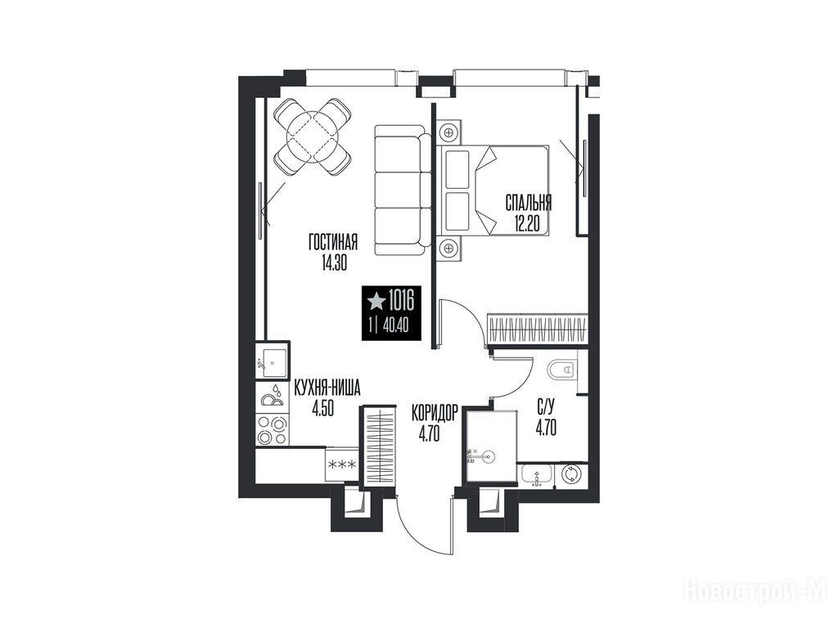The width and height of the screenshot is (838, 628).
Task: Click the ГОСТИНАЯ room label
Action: [x=332, y=244]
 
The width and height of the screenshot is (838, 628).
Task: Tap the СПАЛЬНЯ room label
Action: [x=528, y=203]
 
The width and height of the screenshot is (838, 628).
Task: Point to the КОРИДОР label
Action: [x=435, y=413]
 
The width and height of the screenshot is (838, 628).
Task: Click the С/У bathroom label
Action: [x=545, y=409]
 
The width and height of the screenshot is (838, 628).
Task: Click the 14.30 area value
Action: [x=334, y=264]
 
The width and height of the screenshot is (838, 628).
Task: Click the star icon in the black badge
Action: [x=376, y=302]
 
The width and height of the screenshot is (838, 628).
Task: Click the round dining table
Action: [x=312, y=137]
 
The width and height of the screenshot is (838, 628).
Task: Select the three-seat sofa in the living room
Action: [x=403, y=190]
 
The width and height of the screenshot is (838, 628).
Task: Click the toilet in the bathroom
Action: [x=561, y=369]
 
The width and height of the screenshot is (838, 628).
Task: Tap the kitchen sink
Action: [x=273, y=361]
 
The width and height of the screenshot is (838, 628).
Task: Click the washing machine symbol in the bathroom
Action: [x=570, y=474]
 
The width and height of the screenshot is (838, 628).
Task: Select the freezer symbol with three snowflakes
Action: [x=342, y=464]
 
